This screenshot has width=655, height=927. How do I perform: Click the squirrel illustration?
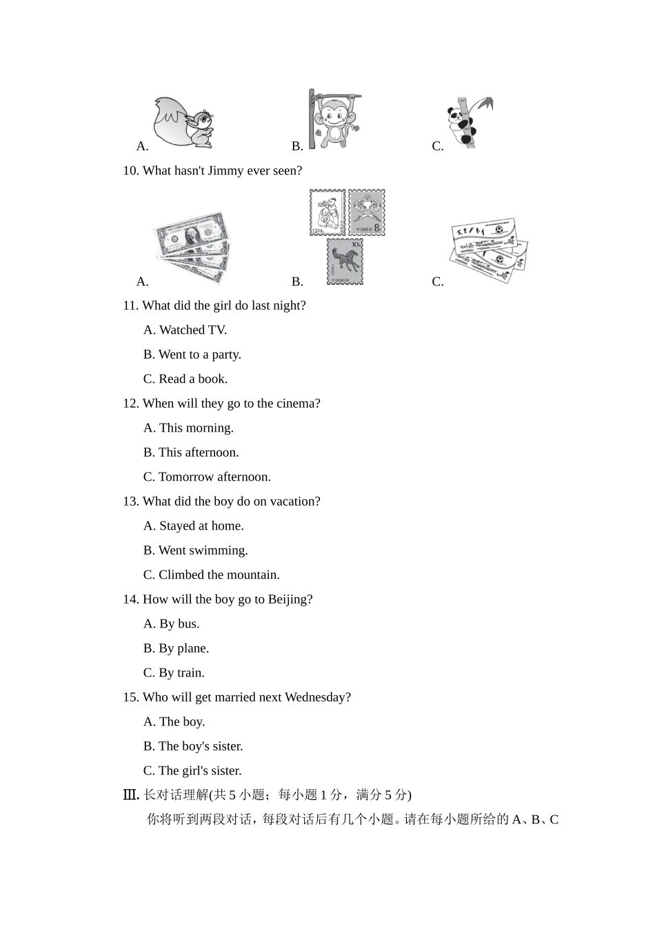point(183,123)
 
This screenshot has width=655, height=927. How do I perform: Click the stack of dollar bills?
point(191,247)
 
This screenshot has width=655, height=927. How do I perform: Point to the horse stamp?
point(345,261)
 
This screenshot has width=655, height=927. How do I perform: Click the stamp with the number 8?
point(366,212)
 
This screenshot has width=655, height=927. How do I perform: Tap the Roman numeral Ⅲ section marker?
point(130,795)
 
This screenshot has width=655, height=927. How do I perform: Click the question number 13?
point(131,501)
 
